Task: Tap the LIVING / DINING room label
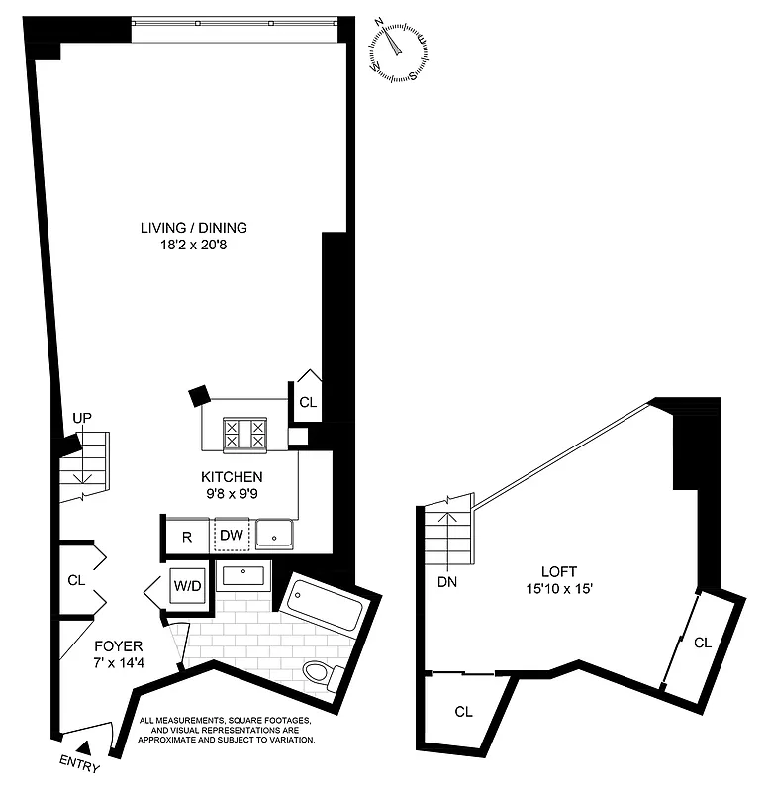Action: [193, 227]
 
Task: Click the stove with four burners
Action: [244, 433]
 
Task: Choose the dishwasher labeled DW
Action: [231, 536]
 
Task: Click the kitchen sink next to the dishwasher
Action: [275, 535]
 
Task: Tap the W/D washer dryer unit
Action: [188, 585]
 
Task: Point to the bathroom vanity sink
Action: [241, 574]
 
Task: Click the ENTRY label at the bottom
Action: [79, 765]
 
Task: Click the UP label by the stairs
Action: [81, 419]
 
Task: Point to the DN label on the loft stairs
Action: [446, 582]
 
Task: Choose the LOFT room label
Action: [560, 571]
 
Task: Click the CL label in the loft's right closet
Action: [703, 643]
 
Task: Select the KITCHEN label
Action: [234, 476]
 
